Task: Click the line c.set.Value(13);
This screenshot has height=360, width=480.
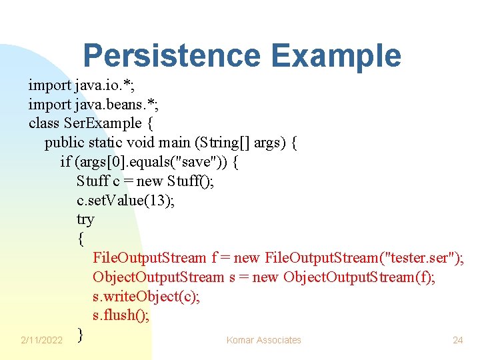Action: pyautogui.click(x=126, y=201)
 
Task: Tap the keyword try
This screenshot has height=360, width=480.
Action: pyautogui.click(x=85, y=219)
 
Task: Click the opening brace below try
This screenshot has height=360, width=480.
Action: pyautogui.click(x=80, y=239)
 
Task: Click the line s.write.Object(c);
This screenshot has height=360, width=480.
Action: pyautogui.click(x=146, y=296)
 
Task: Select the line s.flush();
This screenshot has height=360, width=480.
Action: pyautogui.click(x=121, y=315)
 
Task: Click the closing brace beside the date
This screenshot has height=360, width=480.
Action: pyautogui.click(x=80, y=334)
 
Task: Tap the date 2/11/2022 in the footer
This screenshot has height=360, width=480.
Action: pyautogui.click(x=41, y=340)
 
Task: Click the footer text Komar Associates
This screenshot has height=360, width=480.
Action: pyautogui.click(x=263, y=340)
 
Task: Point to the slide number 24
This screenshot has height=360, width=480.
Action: pyautogui.click(x=457, y=340)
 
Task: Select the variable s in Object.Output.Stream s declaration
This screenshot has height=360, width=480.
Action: pyautogui.click(x=232, y=277)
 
